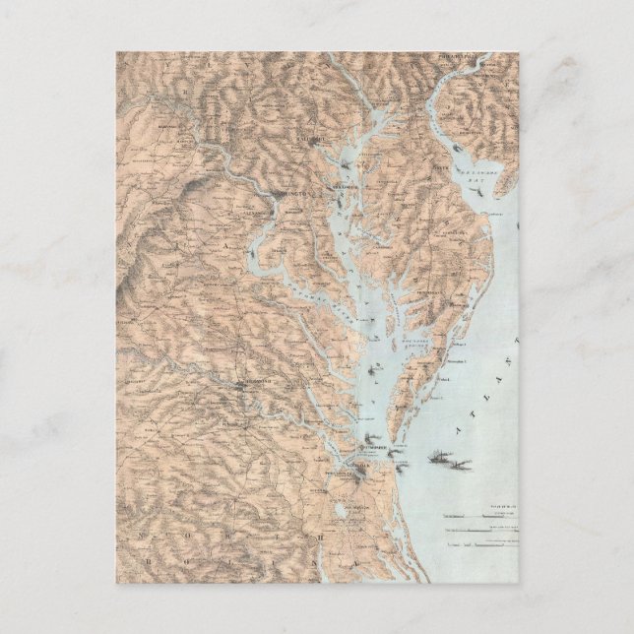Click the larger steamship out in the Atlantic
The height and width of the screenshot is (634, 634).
(449, 458)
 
